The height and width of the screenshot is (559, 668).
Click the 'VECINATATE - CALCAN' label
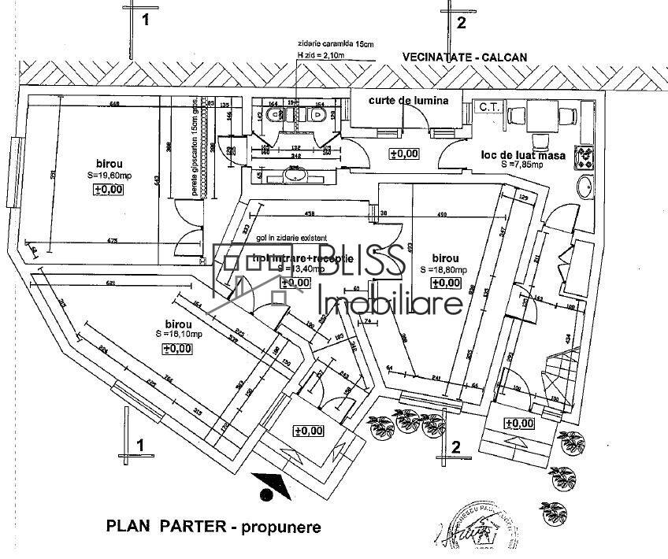click(x=463, y=57)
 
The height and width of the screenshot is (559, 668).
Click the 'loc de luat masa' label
click(x=524, y=155)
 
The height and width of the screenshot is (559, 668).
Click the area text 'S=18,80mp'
click(x=445, y=269)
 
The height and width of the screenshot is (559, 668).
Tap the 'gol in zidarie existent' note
click(x=280, y=237)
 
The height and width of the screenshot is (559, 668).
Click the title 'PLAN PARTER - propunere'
click(x=213, y=526)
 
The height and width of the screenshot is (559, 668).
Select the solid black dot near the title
click(x=266, y=494)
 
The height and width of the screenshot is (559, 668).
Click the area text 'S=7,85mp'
click(x=522, y=165)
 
